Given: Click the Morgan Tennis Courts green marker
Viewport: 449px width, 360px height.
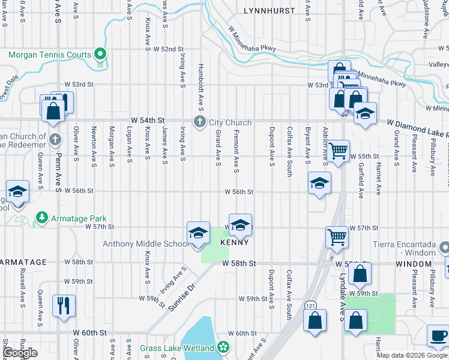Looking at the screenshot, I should point(101,55).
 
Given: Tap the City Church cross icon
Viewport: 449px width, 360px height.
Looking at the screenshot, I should point(200,122).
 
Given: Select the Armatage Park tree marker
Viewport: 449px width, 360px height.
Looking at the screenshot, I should point(41,216).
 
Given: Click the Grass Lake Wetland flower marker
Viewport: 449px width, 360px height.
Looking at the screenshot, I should point(224,347).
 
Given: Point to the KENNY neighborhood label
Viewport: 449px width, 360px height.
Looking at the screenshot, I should point(234,243).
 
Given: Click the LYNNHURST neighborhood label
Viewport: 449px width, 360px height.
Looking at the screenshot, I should point(270,11).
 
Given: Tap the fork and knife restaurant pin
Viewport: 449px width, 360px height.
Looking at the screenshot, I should point(63,305).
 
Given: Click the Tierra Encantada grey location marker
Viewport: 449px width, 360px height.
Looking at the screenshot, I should point(444,247).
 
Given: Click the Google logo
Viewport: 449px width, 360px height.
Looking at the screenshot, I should point(20,353).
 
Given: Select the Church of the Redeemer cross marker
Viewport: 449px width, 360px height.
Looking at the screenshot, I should point(55,140).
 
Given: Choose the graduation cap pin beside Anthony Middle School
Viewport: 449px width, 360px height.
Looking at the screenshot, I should point(198,233).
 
